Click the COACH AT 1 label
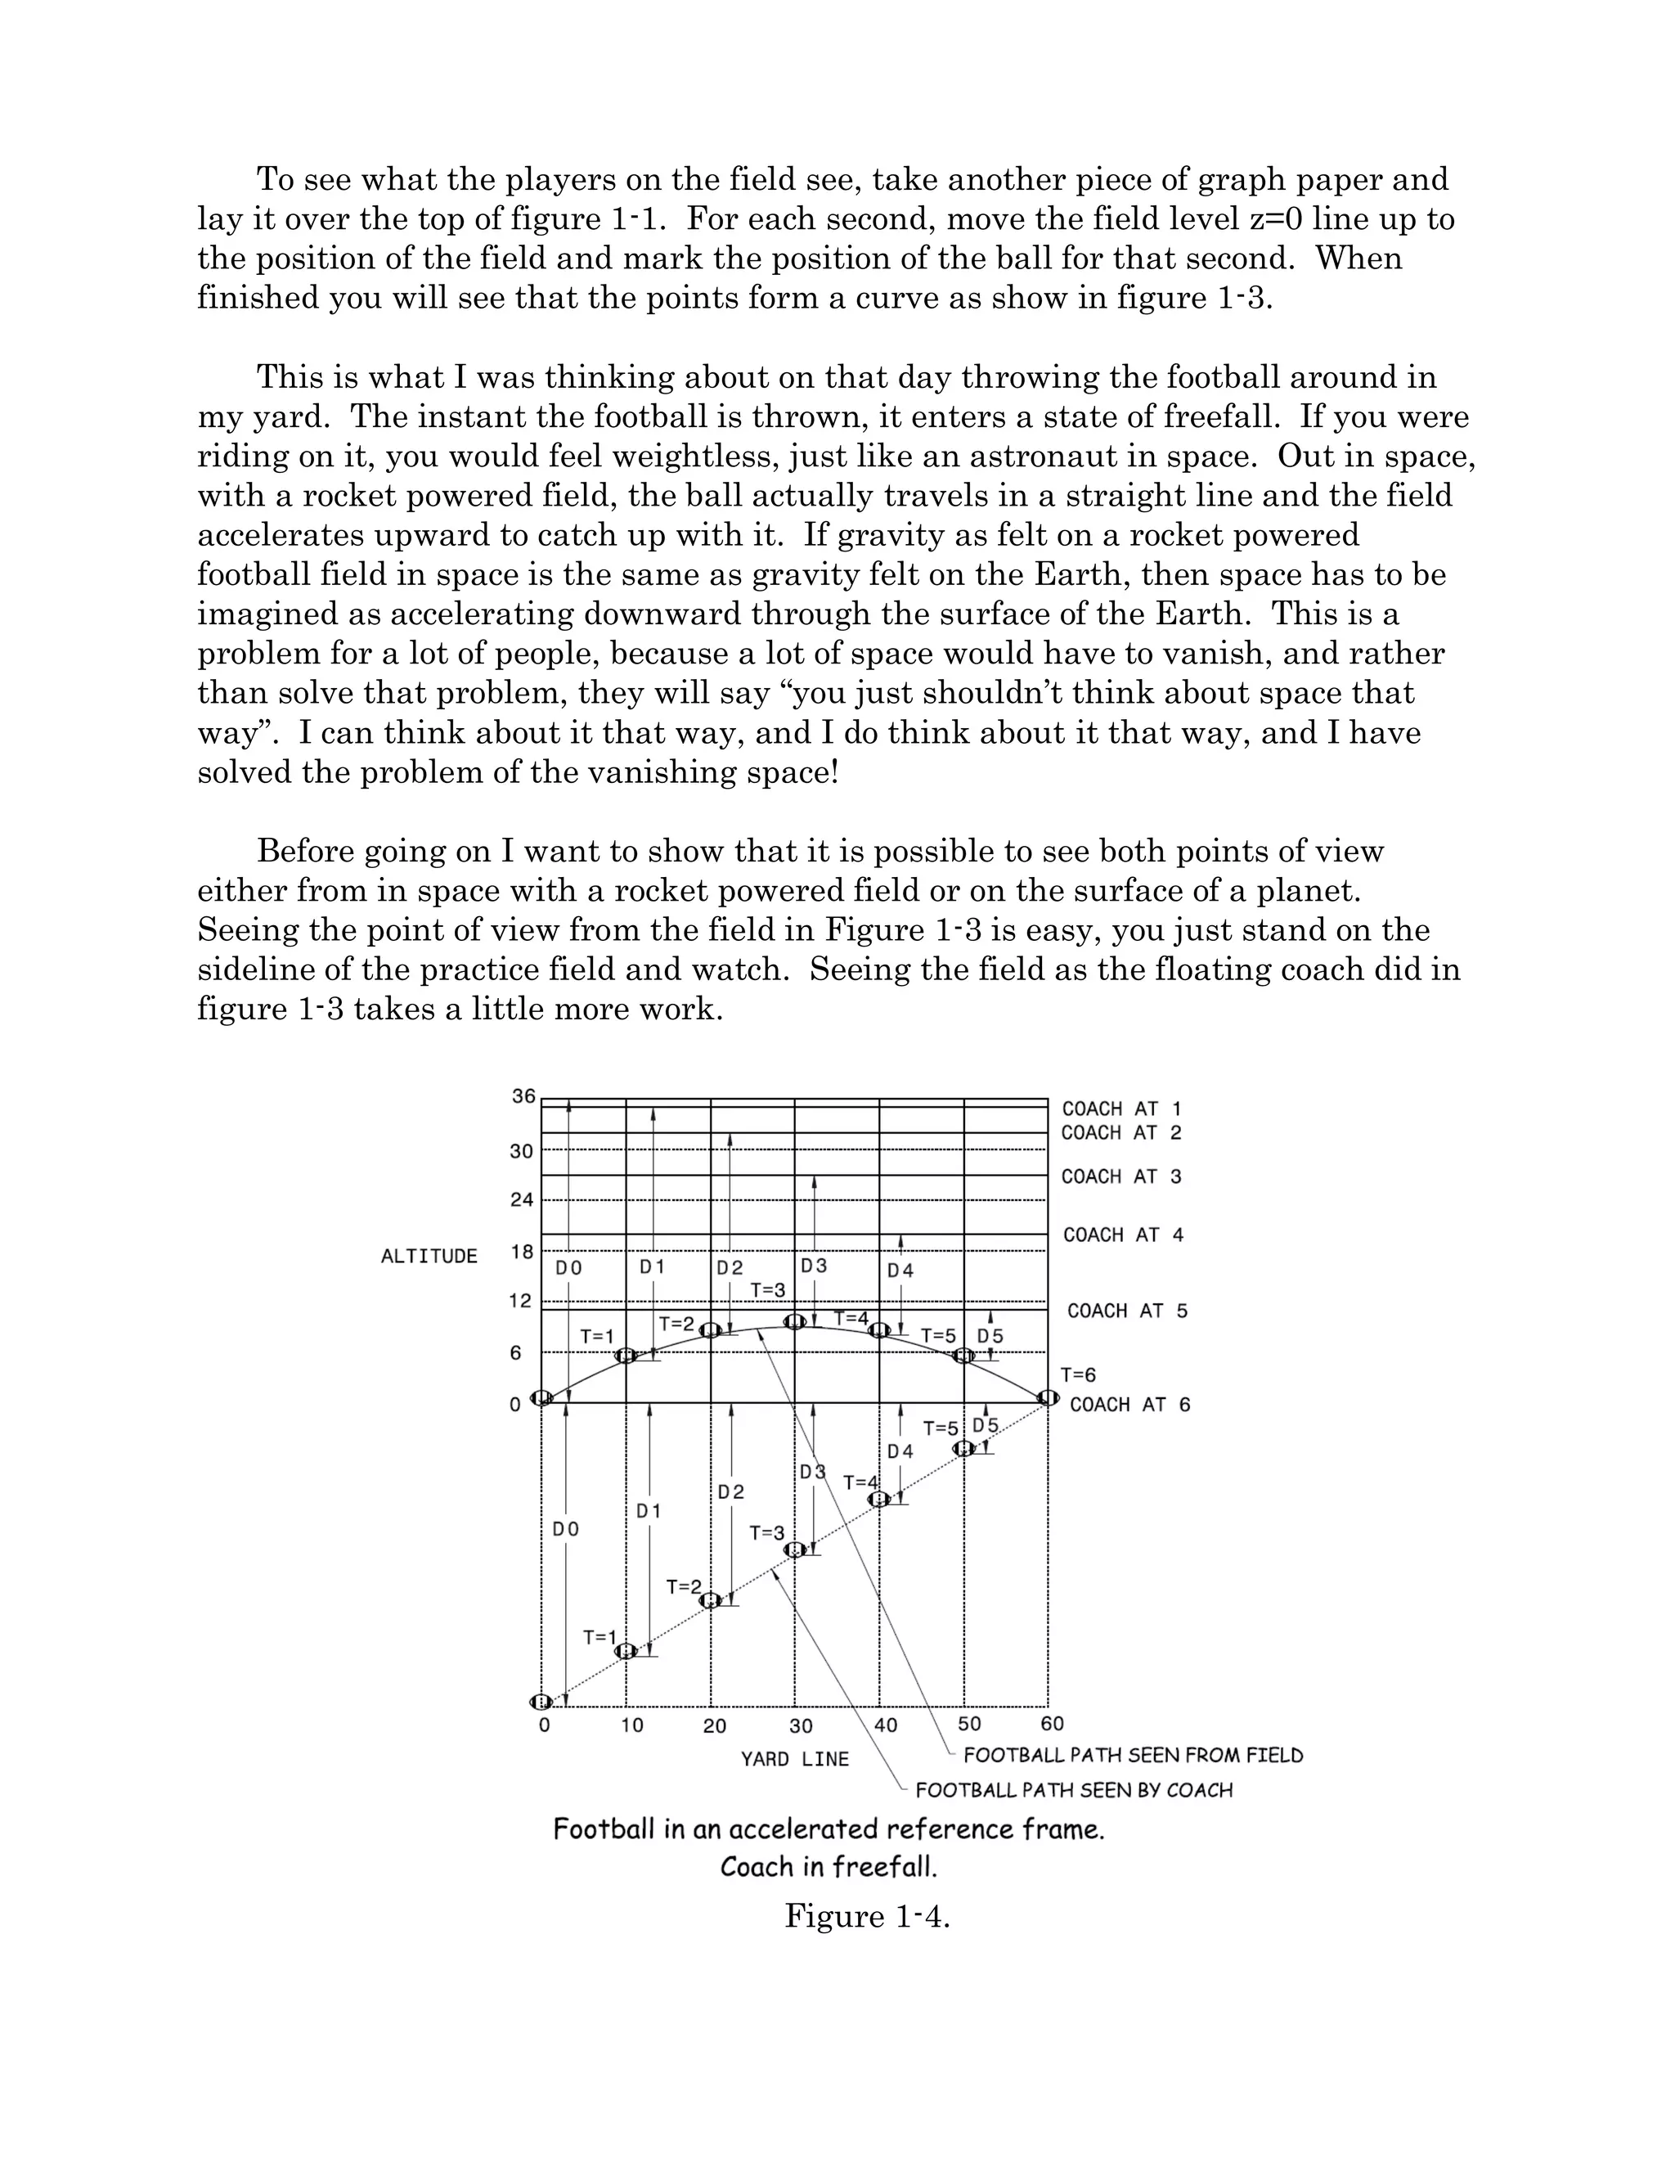coord(1121,1109)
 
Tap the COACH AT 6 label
coord(1129,1405)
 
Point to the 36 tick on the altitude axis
coord(523,1096)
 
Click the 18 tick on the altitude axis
coord(522,1252)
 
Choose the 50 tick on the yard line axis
coord(969,1725)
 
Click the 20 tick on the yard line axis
coord(715,1725)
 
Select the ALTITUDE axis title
coord(429,1257)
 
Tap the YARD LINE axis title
coord(795,1759)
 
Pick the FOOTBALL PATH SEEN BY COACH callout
coord(1074,1791)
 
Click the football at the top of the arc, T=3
coord(795,1322)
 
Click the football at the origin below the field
coord(541,1702)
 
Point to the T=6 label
coord(1078,1375)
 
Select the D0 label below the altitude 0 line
coord(566,1530)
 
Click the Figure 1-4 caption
coord(867,1916)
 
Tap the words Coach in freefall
coord(829,1867)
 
